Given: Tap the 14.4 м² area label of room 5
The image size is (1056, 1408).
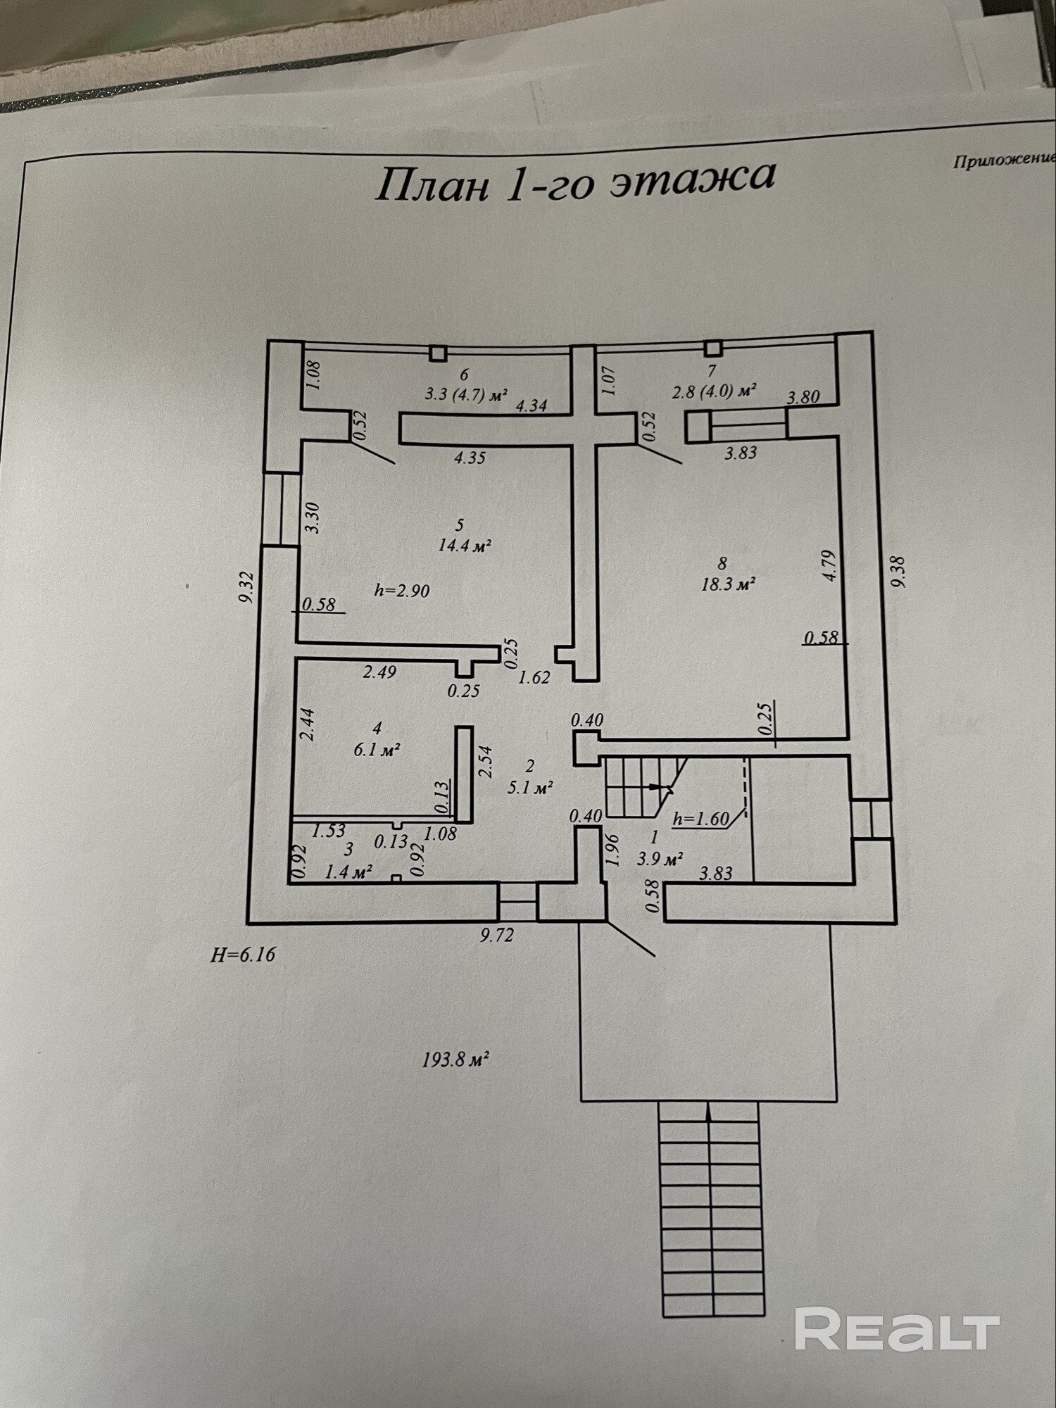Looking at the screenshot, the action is (x=464, y=546).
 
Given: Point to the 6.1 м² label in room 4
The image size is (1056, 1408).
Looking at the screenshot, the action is (x=377, y=750).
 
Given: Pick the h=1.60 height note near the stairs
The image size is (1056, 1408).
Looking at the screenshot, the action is (x=700, y=819).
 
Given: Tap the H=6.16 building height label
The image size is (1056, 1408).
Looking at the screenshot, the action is (x=243, y=955).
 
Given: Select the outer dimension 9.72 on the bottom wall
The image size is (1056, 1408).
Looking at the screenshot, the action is (x=497, y=935).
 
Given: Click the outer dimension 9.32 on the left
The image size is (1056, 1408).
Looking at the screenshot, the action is (x=246, y=587).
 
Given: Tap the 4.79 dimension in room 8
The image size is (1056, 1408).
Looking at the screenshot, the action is (x=831, y=565).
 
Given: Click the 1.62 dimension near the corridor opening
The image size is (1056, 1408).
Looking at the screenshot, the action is (x=534, y=678).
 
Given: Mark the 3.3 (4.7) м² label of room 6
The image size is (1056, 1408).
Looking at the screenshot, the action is (x=466, y=394).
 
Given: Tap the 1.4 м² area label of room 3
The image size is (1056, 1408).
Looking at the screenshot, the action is (x=348, y=872).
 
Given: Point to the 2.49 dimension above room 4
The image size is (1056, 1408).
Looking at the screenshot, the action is (x=379, y=672).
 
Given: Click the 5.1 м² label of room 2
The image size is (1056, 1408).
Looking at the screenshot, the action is (x=530, y=788).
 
